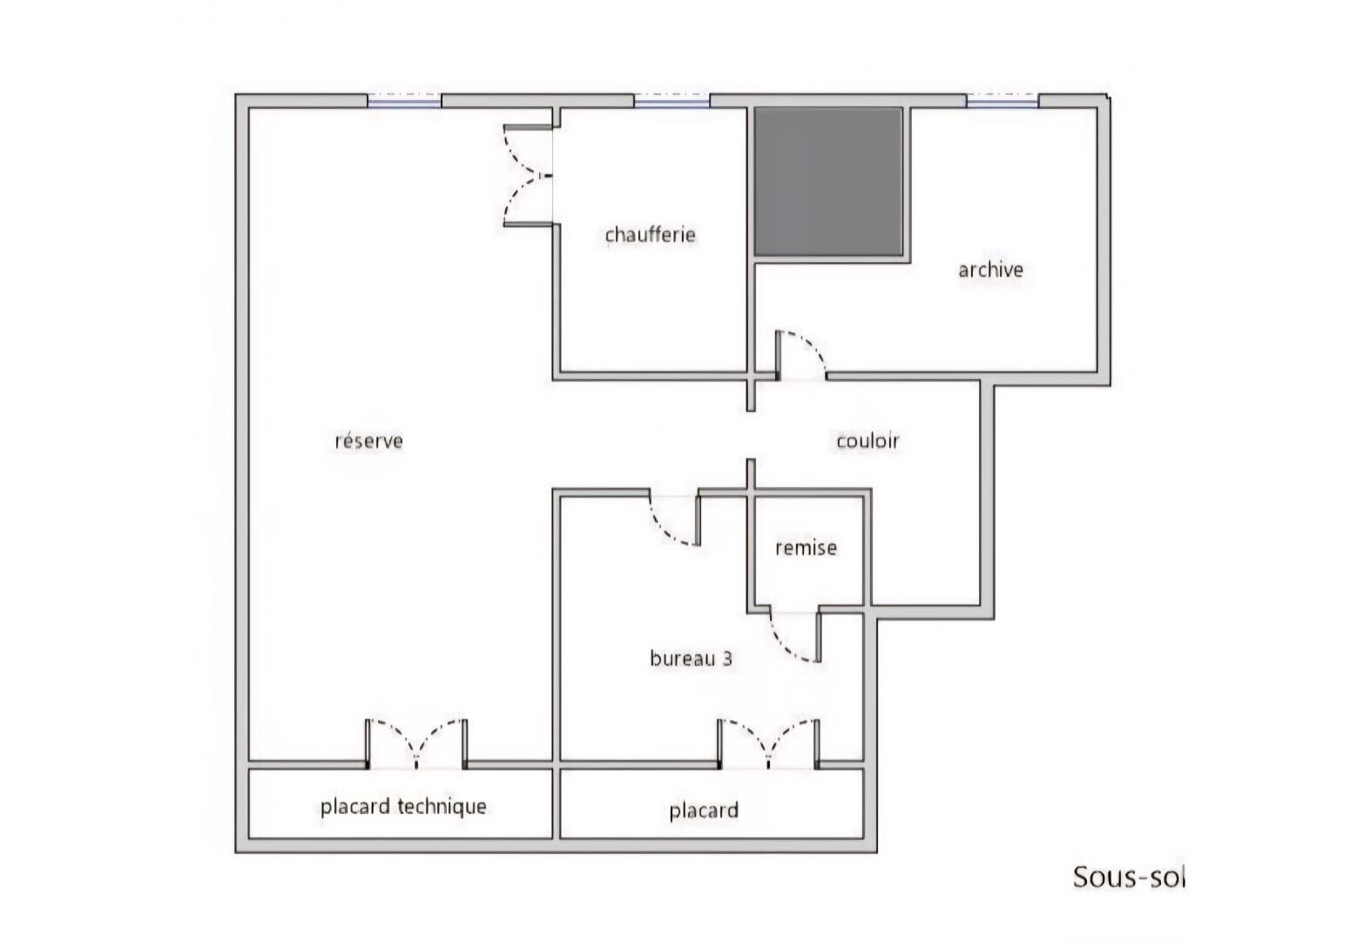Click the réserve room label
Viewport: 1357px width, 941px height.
369,441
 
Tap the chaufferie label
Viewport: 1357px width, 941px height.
650,234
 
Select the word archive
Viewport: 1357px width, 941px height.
990,269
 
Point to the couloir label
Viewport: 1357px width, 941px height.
868,441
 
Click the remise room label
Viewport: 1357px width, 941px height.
806,548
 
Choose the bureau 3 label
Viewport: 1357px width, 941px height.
691,658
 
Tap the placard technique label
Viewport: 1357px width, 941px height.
403,807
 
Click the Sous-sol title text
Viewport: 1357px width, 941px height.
1129,877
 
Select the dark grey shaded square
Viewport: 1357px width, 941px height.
828,182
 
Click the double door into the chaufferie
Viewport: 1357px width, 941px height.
529,176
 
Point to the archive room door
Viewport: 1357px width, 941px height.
800,356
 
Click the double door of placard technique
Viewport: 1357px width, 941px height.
416,744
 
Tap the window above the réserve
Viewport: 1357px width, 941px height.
404,101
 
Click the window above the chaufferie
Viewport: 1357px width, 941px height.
672,101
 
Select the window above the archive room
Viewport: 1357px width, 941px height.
1003,101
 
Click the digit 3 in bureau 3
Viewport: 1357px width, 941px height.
727,659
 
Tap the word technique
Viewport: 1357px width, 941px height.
442,807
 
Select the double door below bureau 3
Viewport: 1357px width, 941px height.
769,744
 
